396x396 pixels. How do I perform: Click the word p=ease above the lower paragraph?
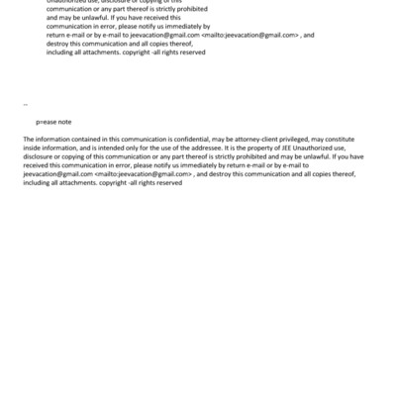click(47, 121)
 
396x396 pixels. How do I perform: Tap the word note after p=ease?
click(64, 121)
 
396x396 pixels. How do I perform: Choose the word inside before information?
click(32, 148)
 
